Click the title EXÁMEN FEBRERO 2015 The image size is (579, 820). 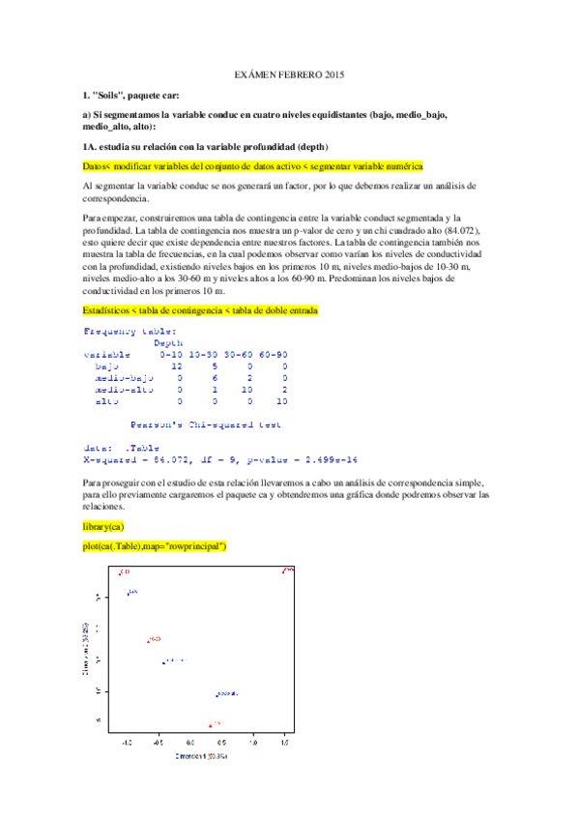290,74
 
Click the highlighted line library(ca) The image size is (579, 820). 103,526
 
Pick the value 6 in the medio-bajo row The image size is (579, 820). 215,378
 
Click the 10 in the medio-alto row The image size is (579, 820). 246,390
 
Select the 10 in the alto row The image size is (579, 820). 281,401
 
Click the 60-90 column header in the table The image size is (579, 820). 272,355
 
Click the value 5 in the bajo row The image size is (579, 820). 215,367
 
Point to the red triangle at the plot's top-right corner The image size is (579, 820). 285,571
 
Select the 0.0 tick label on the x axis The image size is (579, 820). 189,744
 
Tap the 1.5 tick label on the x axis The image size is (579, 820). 284,744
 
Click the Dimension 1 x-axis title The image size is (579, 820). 201,755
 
